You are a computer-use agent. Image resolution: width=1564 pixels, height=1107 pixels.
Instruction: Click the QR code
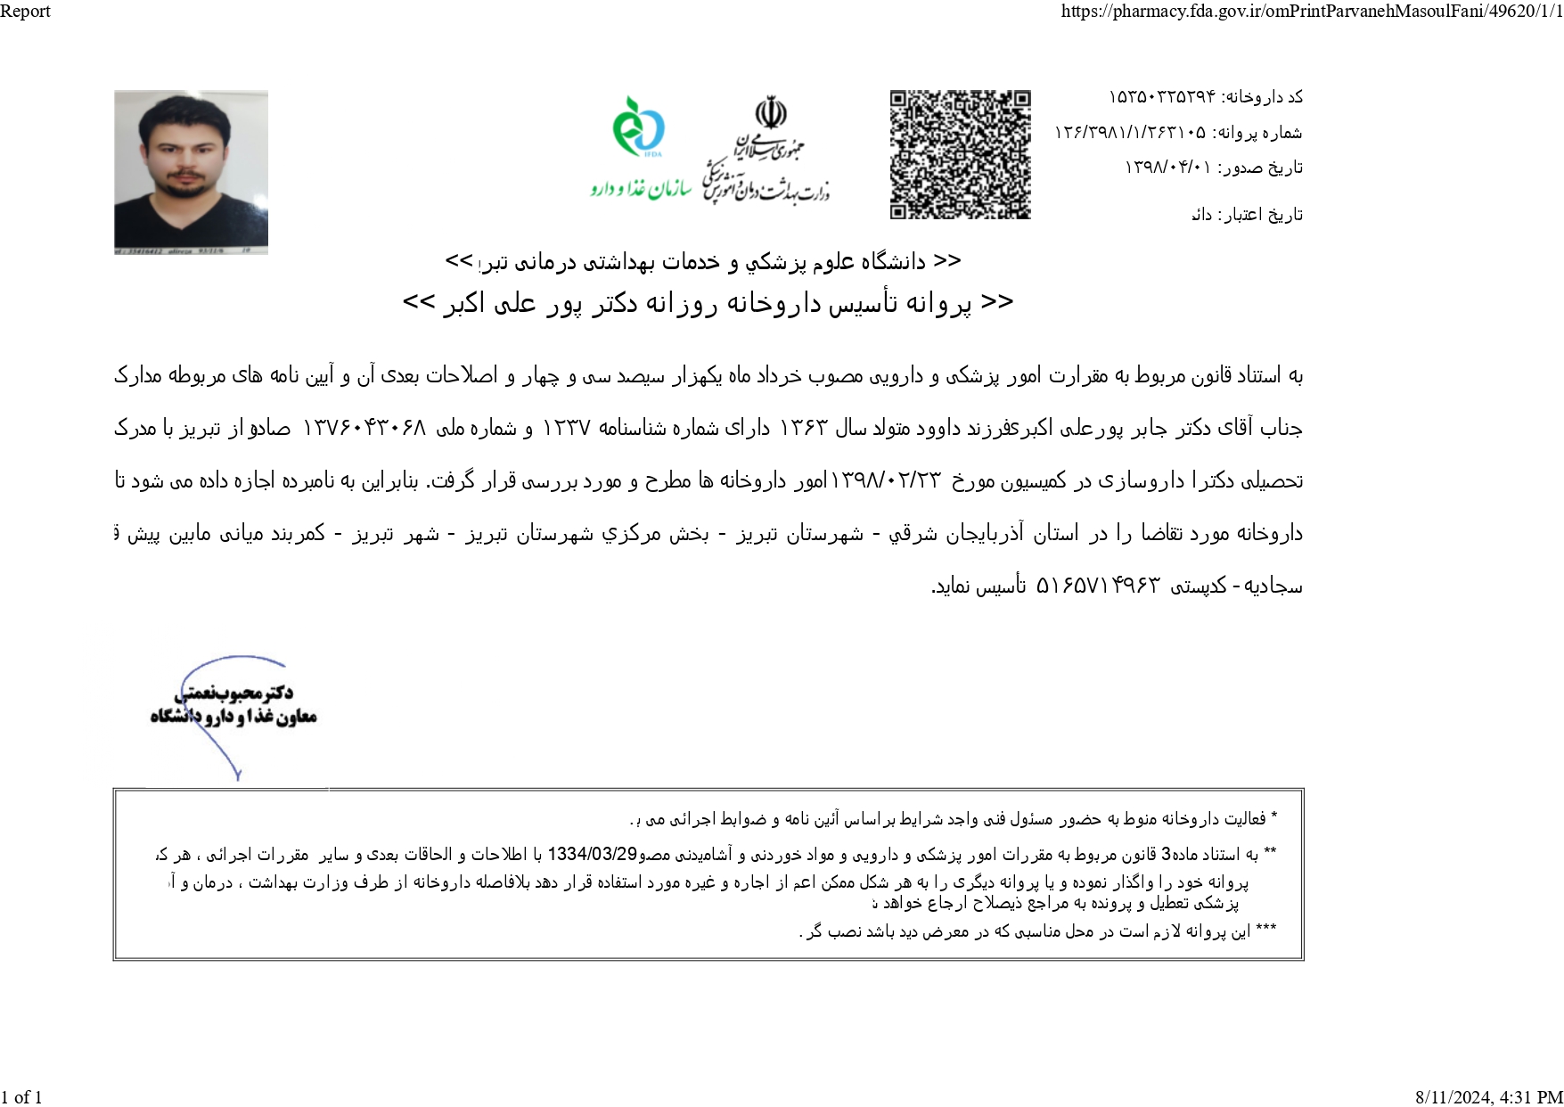960,154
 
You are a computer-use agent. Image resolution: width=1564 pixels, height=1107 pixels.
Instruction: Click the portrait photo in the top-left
191,172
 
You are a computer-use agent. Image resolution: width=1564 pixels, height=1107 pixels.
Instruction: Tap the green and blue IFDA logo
638,127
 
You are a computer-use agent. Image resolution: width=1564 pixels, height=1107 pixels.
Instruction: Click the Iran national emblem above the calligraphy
771,115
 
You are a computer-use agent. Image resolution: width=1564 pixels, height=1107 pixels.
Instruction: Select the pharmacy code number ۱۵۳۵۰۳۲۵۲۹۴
1161,96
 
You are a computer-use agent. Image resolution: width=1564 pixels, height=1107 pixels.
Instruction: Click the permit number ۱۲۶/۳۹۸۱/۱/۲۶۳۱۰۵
1130,133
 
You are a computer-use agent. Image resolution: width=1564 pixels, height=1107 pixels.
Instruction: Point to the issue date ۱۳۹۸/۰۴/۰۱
1167,168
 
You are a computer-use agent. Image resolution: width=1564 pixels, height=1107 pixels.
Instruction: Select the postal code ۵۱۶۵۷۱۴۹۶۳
1098,586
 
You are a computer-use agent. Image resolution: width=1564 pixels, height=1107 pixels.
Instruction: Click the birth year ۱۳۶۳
804,428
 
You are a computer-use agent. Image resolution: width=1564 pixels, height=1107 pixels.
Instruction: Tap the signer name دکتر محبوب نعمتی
234,692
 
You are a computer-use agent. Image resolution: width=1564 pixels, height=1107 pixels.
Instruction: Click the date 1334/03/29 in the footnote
592,854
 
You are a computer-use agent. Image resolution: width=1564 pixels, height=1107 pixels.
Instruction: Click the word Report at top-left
25,12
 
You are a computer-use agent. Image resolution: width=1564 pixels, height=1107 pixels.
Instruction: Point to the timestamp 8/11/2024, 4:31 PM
1488,1097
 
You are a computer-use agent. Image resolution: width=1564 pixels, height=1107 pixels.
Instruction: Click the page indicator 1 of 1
22,1097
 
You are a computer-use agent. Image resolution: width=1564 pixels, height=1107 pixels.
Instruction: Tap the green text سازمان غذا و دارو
641,189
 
